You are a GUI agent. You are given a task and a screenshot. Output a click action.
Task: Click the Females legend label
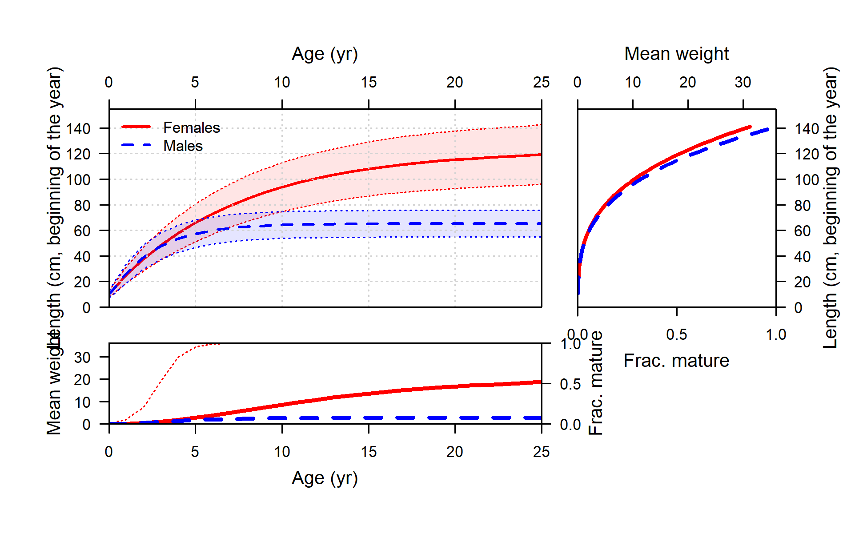click(192, 128)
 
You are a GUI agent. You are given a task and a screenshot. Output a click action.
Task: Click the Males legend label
click(183, 146)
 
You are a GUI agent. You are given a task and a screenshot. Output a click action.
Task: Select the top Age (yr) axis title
click(325, 54)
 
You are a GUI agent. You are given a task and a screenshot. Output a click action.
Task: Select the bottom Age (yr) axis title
click(325, 478)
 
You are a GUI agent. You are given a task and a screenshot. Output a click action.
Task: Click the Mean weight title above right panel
click(676, 54)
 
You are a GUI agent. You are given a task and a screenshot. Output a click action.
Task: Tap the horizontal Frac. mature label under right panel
click(676, 361)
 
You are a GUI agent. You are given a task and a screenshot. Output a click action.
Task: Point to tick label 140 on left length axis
click(78, 129)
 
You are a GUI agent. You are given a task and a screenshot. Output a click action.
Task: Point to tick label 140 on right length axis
click(807, 129)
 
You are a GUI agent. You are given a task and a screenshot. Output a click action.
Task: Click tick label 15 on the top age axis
click(369, 83)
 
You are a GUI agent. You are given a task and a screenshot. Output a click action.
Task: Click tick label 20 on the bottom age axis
click(454, 452)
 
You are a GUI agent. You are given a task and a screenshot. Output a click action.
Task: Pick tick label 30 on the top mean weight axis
click(743, 83)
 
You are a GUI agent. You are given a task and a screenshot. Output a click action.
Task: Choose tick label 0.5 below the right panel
click(676, 335)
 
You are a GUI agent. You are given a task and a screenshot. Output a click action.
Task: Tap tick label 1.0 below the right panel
click(776, 335)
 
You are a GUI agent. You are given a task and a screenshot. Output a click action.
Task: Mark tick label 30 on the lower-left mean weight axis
click(82, 358)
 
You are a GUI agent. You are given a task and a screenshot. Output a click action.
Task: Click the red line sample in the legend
click(136, 127)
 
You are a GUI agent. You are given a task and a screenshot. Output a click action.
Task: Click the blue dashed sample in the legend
click(136, 145)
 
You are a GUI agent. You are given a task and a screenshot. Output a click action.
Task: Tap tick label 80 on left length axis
click(82, 206)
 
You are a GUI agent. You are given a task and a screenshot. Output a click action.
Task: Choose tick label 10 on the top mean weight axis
click(633, 83)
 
